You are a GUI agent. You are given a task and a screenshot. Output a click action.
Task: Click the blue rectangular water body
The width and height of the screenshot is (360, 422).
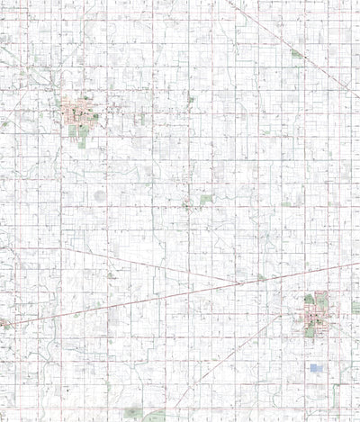tap(316, 368)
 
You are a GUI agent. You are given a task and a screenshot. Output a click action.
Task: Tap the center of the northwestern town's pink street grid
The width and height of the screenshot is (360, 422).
tap(76, 115)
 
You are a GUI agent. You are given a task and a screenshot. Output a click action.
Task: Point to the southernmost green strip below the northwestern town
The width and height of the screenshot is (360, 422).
tap(83, 142)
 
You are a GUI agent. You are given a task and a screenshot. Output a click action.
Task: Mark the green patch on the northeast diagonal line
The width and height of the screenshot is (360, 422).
tap(297, 54)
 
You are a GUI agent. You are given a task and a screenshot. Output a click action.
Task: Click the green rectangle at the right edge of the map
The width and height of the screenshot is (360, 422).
tap(355, 307)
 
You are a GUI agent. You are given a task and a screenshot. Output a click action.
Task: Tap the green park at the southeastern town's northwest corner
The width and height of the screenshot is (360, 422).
tap(309, 298)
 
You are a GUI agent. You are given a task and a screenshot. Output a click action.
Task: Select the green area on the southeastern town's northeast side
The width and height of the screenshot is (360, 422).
tap(322, 298)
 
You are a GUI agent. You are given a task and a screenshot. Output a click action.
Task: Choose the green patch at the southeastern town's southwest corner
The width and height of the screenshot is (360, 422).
tap(310, 330)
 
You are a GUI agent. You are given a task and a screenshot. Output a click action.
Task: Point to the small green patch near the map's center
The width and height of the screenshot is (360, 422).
tap(205, 199)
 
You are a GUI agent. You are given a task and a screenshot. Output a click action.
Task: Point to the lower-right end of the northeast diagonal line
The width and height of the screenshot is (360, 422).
tap(349, 90)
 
